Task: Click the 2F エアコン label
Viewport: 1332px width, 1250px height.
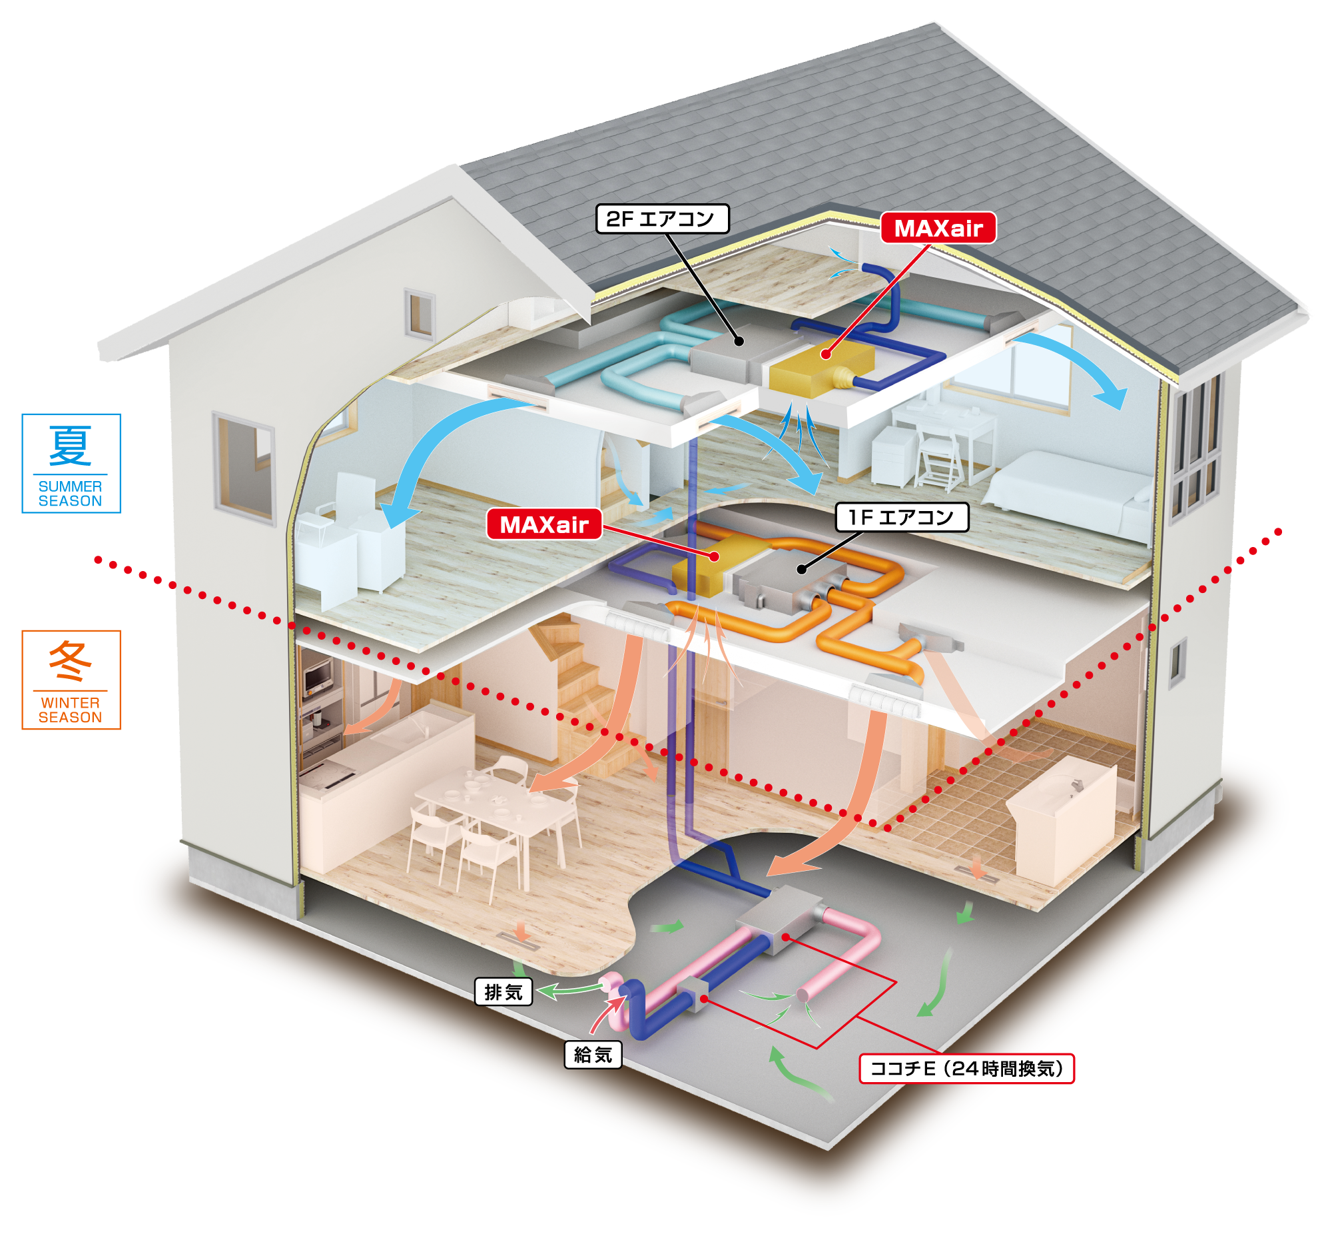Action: pos(662,219)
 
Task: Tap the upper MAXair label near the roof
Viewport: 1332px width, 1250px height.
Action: pos(937,229)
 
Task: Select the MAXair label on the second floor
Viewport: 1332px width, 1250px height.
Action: pos(543,524)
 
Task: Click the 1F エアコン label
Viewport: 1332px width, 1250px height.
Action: pos(901,517)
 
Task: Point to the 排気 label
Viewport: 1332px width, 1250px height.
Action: pos(503,992)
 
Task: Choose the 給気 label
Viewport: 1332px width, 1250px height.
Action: pos(593,1055)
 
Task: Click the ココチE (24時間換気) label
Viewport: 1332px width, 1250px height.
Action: pos(966,1068)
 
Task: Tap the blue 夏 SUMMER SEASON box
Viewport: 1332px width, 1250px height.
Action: pos(71,463)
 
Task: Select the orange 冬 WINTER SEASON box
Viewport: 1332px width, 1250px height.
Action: pos(71,680)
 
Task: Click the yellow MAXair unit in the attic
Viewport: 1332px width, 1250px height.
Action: pos(821,368)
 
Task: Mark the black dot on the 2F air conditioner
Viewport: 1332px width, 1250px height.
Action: pos(739,340)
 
